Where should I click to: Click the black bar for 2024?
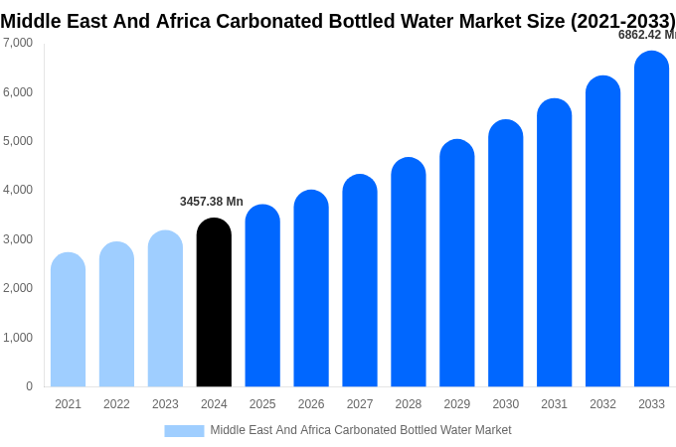(214, 303)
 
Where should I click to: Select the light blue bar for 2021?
(68, 320)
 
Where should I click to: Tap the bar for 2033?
(651, 220)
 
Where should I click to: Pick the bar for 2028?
(409, 272)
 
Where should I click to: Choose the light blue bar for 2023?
(165, 309)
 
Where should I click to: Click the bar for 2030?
(505, 253)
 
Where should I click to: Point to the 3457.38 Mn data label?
(211, 202)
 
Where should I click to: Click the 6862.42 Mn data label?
(646, 35)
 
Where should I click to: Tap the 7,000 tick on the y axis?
(17, 43)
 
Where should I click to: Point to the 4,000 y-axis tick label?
(17, 190)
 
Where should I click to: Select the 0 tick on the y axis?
(29, 386)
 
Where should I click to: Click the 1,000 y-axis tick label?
(17, 338)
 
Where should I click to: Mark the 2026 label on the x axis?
(311, 404)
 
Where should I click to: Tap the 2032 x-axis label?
(602, 404)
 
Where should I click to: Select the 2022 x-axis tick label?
(116, 404)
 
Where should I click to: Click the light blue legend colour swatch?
(184, 431)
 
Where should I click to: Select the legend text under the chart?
(360, 430)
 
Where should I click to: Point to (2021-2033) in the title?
(622, 21)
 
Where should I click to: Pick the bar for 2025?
(262, 296)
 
